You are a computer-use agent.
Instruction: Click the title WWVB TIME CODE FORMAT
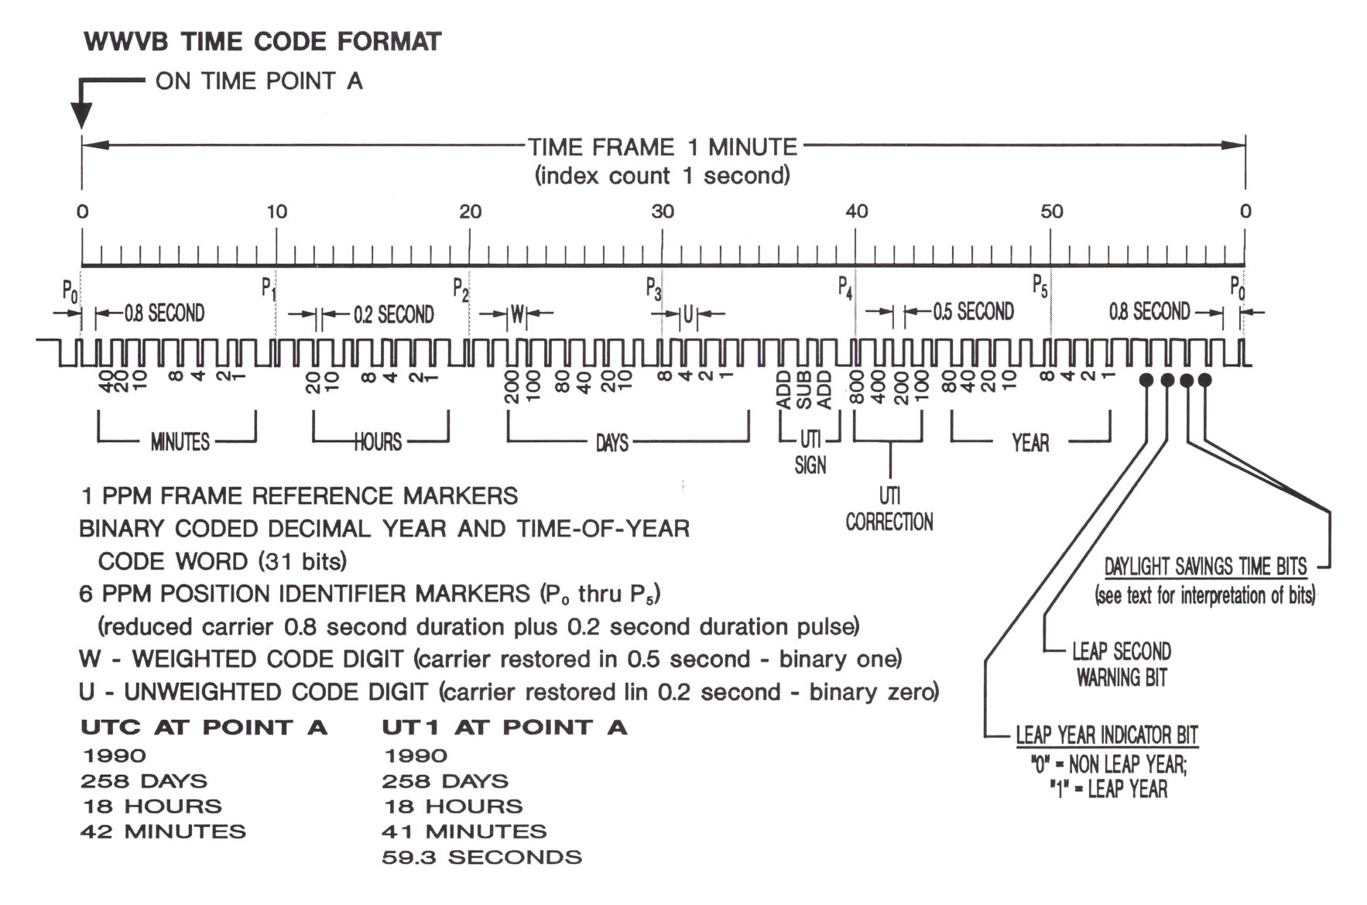coord(262,42)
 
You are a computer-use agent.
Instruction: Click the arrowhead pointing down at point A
coord(81,116)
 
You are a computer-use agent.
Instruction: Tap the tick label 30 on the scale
coord(663,211)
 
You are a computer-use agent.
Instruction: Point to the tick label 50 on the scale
coord(1051,211)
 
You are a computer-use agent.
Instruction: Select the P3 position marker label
coord(653,289)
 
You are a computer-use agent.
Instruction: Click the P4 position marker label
coord(845,289)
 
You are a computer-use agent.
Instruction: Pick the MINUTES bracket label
coord(180,442)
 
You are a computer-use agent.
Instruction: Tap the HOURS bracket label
coord(378,442)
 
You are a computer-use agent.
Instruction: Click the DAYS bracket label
coord(612,443)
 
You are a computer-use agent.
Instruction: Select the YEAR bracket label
coord(1030,443)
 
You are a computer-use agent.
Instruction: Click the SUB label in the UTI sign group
coord(804,390)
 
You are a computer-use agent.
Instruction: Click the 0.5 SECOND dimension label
coord(973,312)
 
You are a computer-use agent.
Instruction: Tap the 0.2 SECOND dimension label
coord(393,314)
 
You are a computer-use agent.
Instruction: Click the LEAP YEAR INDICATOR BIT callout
coord(1106,735)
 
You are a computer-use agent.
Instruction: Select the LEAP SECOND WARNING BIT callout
coord(1121,664)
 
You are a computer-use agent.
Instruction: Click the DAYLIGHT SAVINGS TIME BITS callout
coord(1205,567)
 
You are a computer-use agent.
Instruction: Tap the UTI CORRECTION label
coord(889,509)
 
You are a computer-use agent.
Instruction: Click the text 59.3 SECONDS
coord(481,857)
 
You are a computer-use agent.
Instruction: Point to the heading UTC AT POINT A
coord(204,728)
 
